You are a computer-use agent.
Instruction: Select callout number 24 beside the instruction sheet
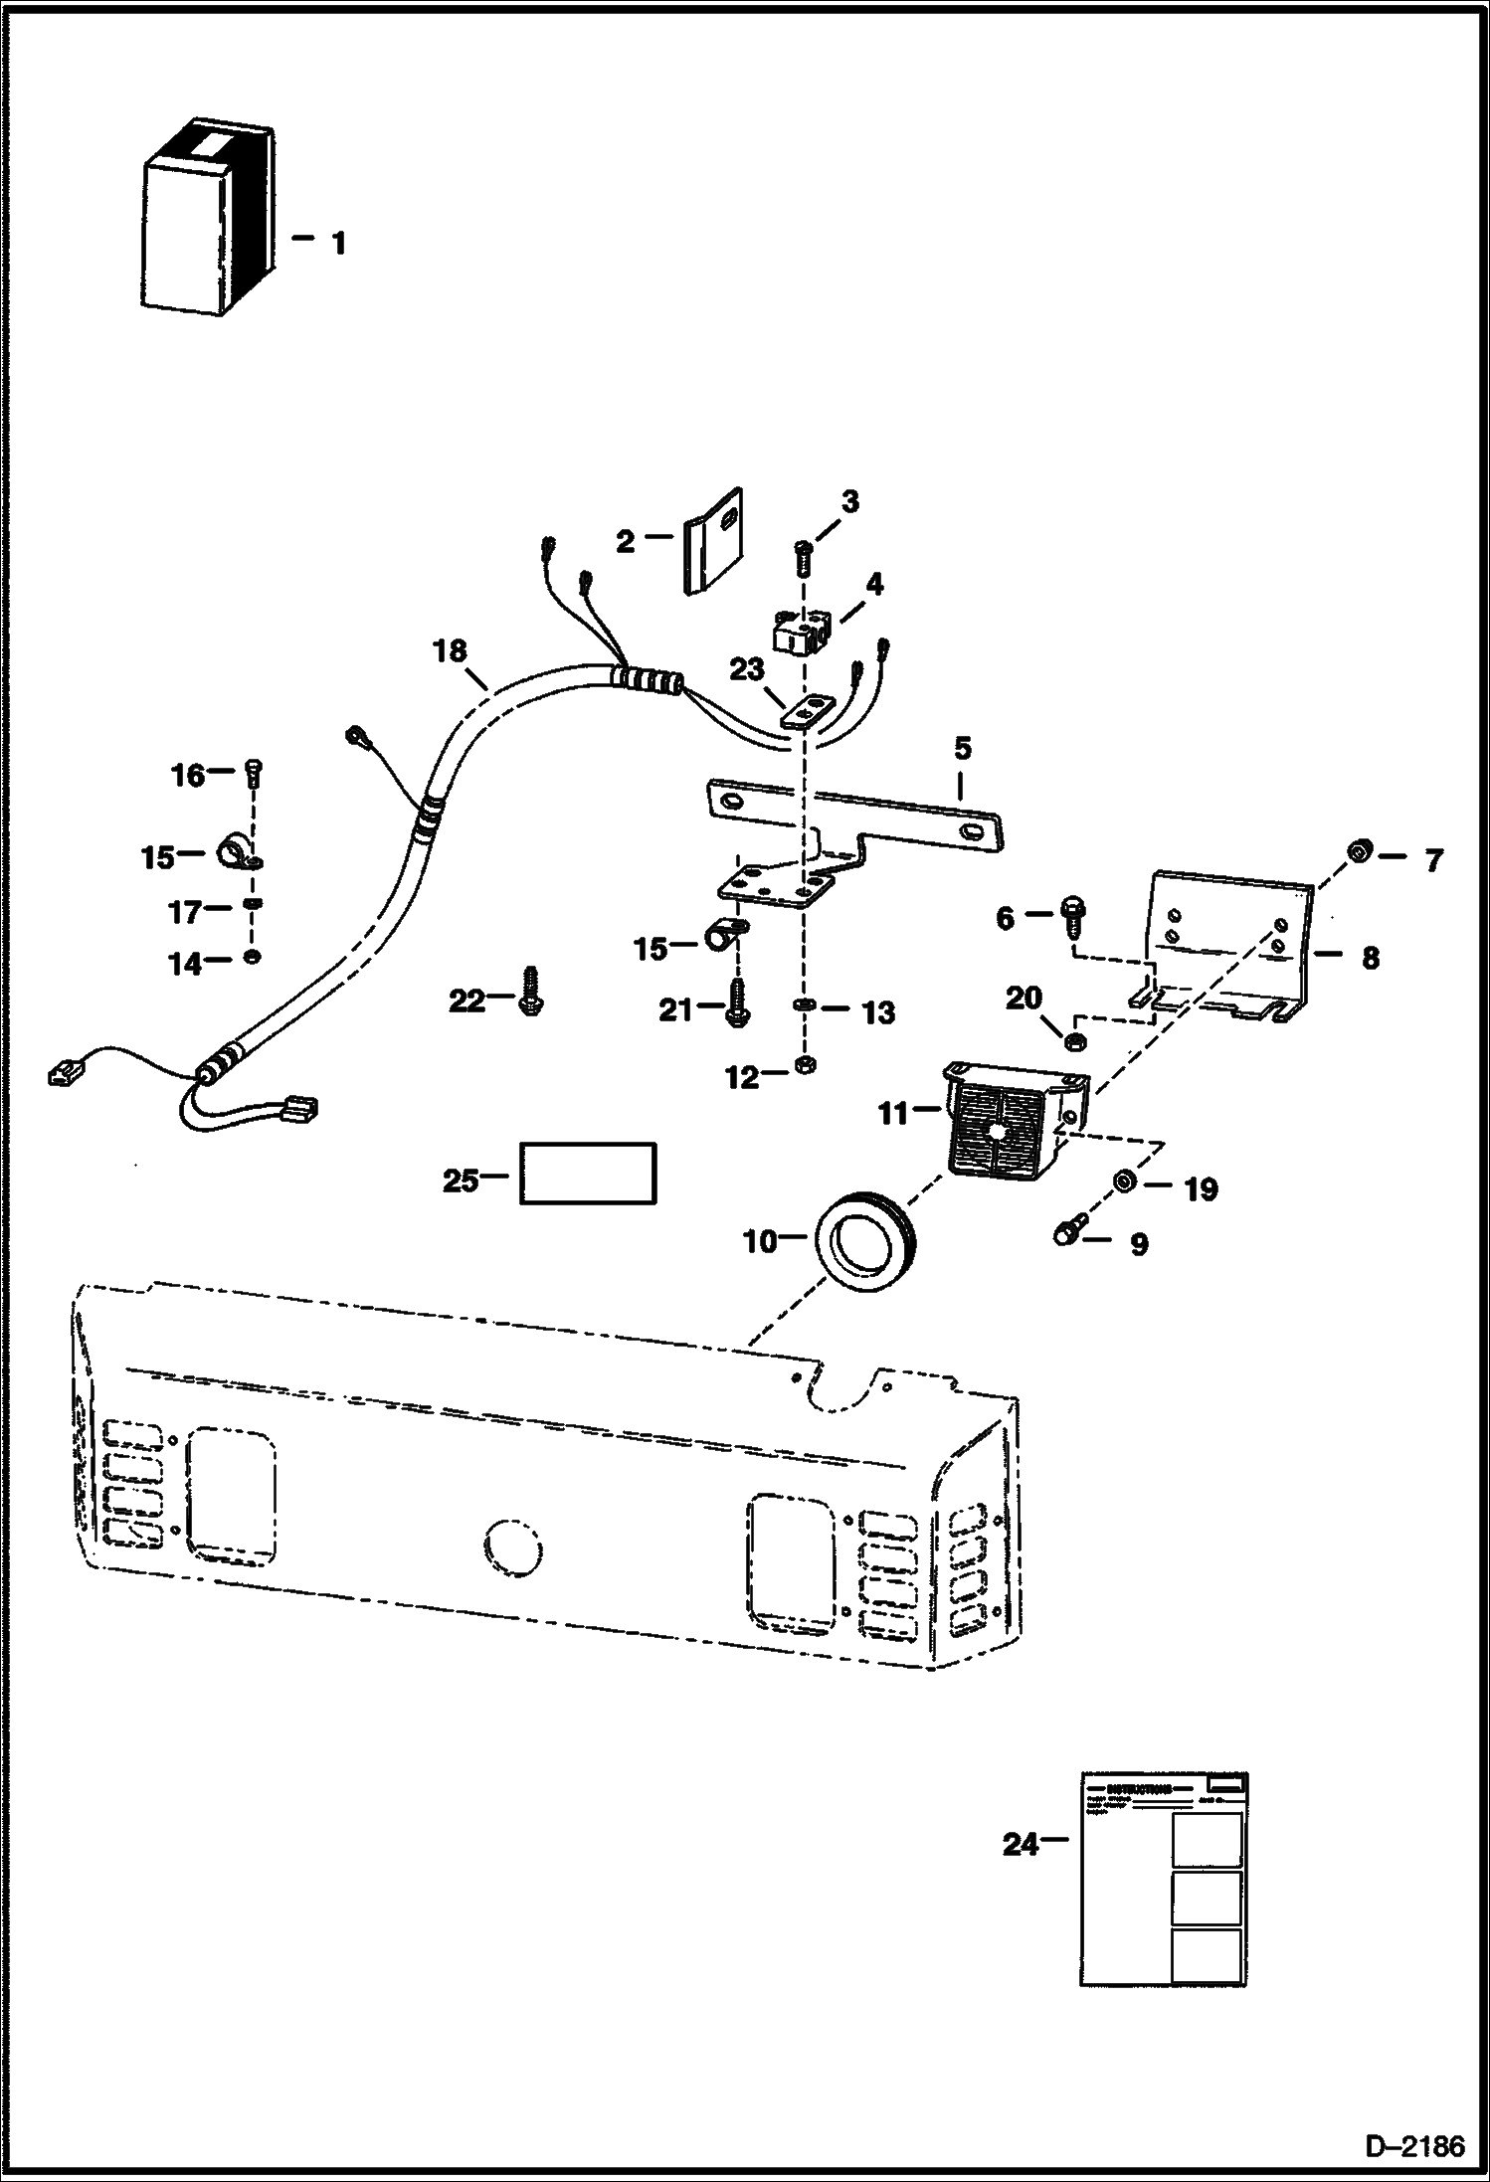pos(1020,1845)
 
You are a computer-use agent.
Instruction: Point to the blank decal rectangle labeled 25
pos(588,1174)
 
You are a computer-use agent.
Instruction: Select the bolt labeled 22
pos(530,989)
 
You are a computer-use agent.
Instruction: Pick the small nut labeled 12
pos(807,1065)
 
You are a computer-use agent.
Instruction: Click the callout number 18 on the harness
pos(450,652)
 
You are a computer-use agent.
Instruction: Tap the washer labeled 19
pos(1126,1181)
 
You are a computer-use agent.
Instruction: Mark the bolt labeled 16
pos(252,775)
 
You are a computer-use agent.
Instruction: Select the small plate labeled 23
pos(807,712)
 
